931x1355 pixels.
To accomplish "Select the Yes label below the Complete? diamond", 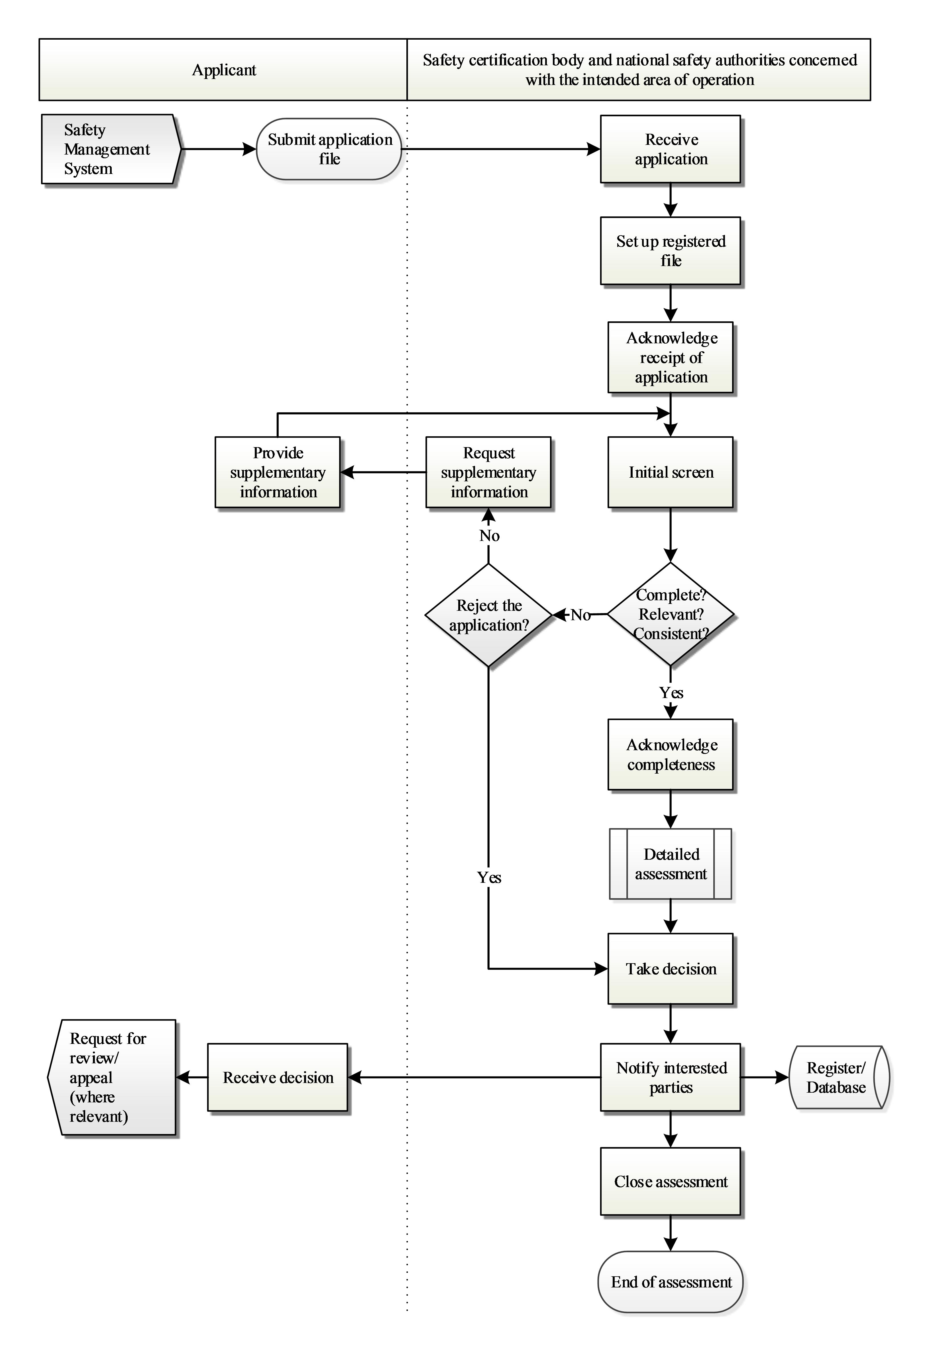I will tap(671, 693).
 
